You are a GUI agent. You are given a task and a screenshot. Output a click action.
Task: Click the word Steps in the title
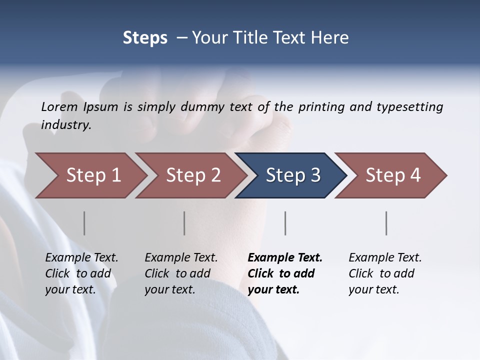tap(145, 38)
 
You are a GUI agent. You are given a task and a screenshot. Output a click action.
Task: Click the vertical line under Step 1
tap(84, 223)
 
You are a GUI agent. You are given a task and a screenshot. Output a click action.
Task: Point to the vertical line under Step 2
tap(184, 223)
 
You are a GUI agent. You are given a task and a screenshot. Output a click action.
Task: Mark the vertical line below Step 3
tap(285, 223)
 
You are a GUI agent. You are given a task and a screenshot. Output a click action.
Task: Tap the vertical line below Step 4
tap(386, 223)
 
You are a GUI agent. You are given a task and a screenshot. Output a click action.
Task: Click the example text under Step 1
tap(81, 273)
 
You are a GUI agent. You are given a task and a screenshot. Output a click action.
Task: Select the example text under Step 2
tap(181, 273)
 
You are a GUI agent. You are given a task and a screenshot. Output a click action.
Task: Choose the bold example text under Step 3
tap(285, 273)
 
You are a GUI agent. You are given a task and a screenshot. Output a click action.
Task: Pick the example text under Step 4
tap(385, 273)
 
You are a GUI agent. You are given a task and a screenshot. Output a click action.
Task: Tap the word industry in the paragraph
tap(66, 124)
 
